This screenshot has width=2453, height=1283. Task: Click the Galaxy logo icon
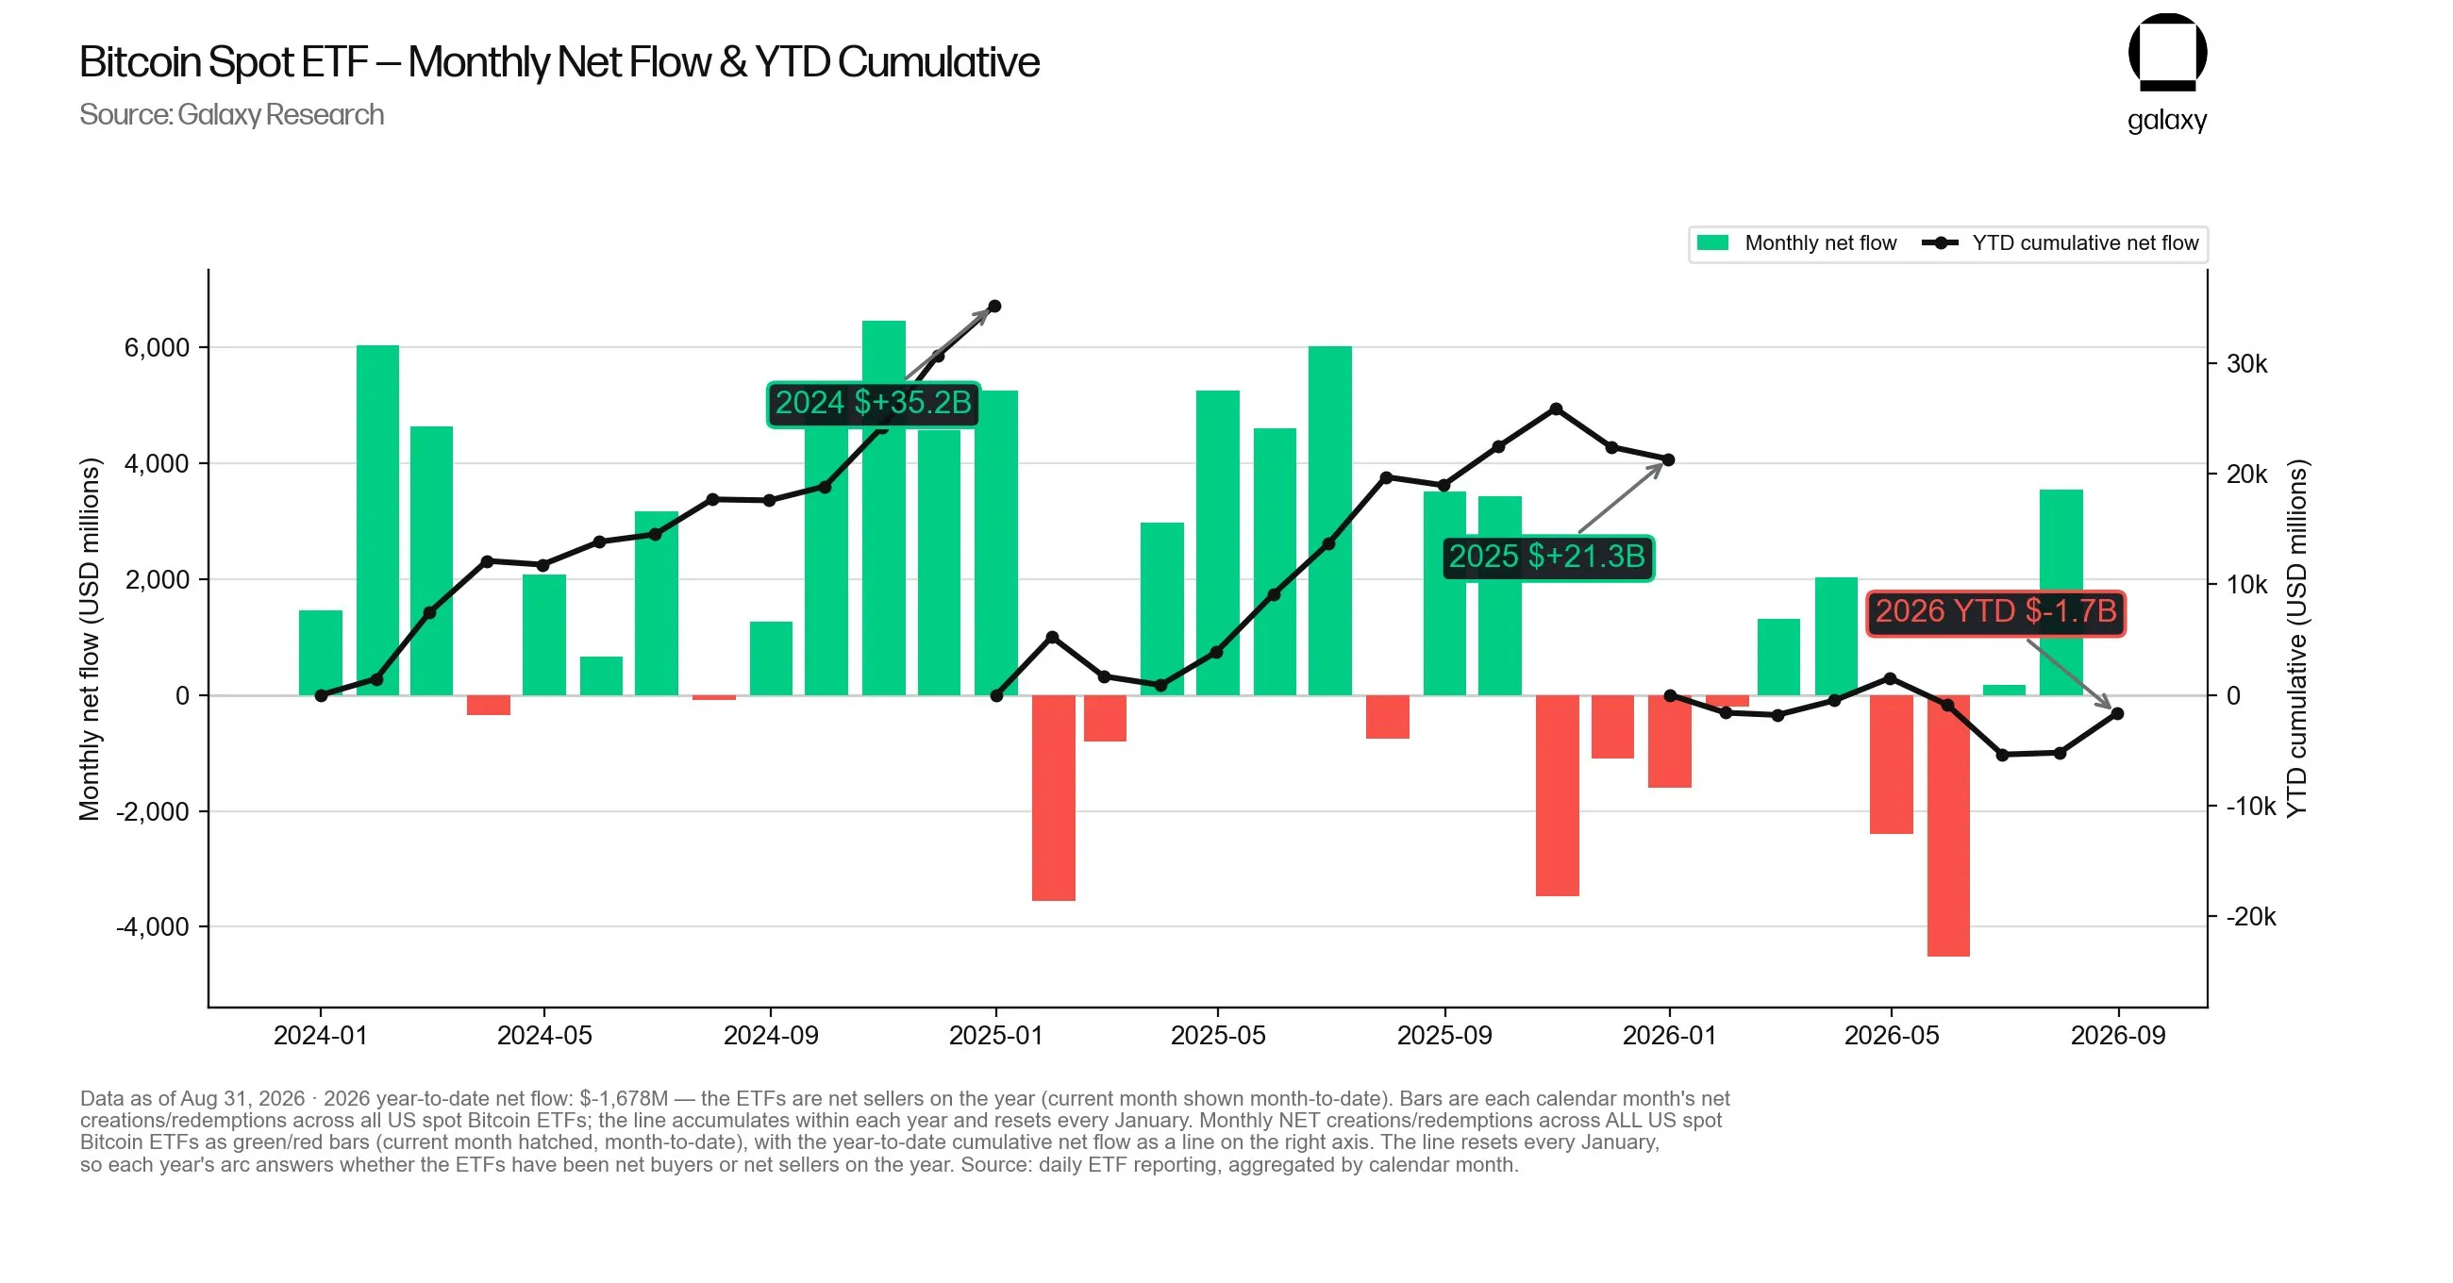click(2167, 53)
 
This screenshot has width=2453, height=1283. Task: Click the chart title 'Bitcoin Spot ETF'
click(223, 62)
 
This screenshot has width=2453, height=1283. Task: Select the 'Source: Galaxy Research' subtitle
click(231, 114)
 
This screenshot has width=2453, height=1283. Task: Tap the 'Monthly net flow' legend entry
click(1797, 242)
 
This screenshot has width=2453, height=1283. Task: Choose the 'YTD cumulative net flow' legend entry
click(2060, 242)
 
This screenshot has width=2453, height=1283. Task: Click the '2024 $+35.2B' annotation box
click(874, 404)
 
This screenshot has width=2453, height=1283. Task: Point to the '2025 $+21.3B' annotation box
click(1547, 557)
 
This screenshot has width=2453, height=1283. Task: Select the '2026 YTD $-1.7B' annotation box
click(1995, 611)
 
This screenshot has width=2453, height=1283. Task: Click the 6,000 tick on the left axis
click(158, 348)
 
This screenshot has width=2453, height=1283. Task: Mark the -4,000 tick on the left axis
click(153, 926)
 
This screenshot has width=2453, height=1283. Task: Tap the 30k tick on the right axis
click(2246, 364)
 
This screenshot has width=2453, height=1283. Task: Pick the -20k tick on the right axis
click(2250, 916)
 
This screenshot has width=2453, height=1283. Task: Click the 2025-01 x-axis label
click(996, 1035)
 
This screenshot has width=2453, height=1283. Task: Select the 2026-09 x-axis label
click(2118, 1035)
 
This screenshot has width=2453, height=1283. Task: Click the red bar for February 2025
click(1053, 798)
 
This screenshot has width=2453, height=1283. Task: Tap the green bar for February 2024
click(378, 520)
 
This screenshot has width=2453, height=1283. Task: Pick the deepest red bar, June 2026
click(1948, 825)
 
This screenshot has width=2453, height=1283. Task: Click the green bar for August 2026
click(2061, 592)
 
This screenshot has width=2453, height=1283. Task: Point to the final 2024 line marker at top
click(995, 307)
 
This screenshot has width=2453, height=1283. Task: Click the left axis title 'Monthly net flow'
click(90, 639)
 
